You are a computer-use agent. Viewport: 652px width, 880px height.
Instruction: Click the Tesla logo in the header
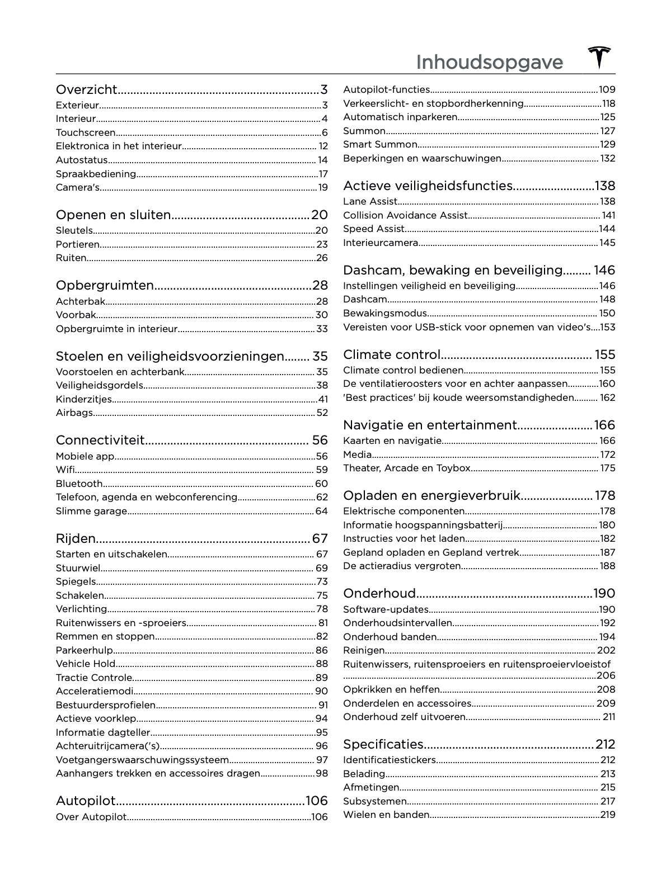pyautogui.click(x=599, y=58)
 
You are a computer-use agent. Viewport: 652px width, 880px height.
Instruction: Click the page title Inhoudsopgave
pyautogui.click(x=489, y=62)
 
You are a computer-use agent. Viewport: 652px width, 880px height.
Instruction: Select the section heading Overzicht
pyautogui.click(x=87, y=89)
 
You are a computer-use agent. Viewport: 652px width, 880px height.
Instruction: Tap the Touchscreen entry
pyautogui.click(x=86, y=133)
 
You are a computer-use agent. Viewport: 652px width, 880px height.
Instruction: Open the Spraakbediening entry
pyautogui.click(x=96, y=174)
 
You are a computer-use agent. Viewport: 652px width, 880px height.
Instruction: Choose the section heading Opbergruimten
pyautogui.click(x=105, y=285)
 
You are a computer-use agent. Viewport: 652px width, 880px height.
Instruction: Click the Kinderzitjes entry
pyautogui.click(x=84, y=399)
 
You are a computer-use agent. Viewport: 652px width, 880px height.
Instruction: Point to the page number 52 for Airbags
pyautogui.click(x=322, y=413)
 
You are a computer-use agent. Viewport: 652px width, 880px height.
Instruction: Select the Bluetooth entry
pyautogui.click(x=79, y=484)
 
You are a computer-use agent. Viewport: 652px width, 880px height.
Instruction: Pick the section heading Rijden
pyautogui.click(x=76, y=538)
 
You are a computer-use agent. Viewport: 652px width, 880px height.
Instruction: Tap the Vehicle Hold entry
pyautogui.click(x=86, y=664)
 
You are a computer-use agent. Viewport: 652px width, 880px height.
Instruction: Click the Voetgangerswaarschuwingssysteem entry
pyautogui.click(x=142, y=760)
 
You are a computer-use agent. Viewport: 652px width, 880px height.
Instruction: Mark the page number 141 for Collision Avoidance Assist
pyautogui.click(x=608, y=215)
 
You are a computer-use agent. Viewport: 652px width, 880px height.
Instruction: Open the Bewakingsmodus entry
pyautogui.click(x=385, y=313)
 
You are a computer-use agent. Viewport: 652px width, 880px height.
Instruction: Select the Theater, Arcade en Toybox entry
pyautogui.click(x=407, y=468)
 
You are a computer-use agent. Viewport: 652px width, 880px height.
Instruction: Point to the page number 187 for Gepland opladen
pyautogui.click(x=608, y=552)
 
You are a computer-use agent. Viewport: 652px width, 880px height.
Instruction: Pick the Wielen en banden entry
pyautogui.click(x=386, y=815)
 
